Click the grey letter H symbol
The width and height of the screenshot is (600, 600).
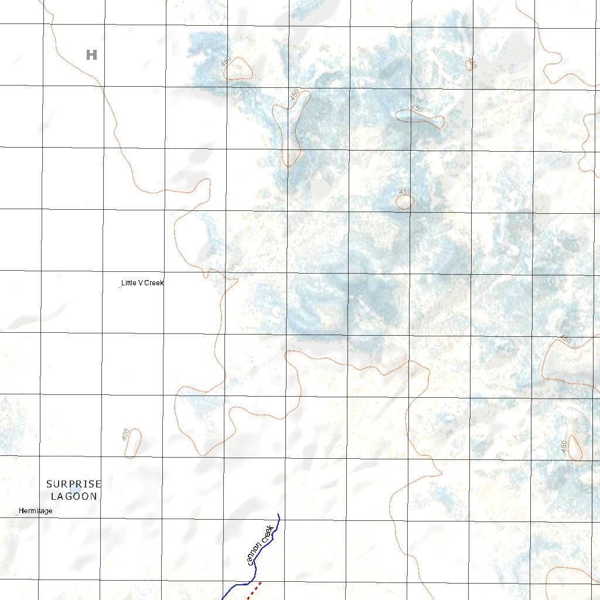(91, 55)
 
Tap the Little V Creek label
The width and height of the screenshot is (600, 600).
(142, 283)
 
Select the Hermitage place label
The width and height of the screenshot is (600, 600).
(35, 511)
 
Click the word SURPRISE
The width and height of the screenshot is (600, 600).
(74, 484)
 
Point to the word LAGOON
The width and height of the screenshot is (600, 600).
(74, 496)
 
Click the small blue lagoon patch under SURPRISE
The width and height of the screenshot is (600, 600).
(74, 489)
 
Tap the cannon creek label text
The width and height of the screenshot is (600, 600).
(260, 546)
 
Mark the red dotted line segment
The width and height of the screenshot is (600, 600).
(254, 590)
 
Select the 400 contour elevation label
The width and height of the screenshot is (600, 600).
(125, 435)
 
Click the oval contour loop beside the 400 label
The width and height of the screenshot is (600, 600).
(134, 444)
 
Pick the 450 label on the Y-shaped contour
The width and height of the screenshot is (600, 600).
(295, 94)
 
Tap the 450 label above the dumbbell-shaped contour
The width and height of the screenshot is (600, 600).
(416, 108)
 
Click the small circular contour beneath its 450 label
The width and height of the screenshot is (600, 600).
(405, 202)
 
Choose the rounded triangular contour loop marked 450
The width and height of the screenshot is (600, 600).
(239, 70)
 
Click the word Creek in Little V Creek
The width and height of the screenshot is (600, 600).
(154, 283)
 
